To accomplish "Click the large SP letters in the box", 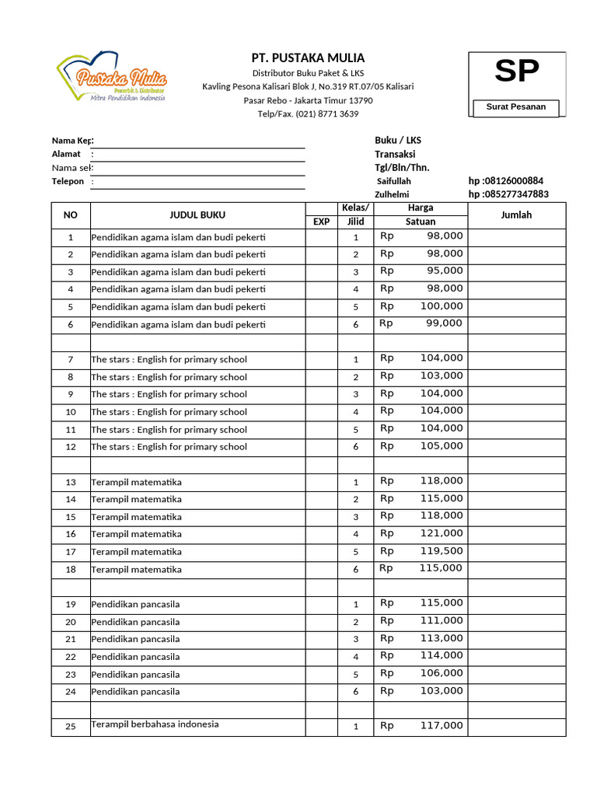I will pyautogui.click(x=517, y=72).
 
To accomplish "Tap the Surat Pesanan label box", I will pyautogui.click(x=516, y=107).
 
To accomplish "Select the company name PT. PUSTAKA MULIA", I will pyautogui.click(x=308, y=58).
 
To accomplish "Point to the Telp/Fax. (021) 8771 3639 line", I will pyautogui.click(x=308, y=114).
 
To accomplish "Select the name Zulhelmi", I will pyautogui.click(x=392, y=194).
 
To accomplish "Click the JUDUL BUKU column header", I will pyautogui.click(x=197, y=215).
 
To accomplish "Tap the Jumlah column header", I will pyautogui.click(x=516, y=215).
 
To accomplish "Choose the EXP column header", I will pyautogui.click(x=321, y=222).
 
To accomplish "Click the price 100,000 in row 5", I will pyautogui.click(x=442, y=306).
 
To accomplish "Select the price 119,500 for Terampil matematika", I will pyautogui.click(x=442, y=551).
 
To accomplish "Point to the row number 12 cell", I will pyautogui.click(x=71, y=447).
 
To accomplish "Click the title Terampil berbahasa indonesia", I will pyautogui.click(x=155, y=724).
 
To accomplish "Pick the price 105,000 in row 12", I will pyautogui.click(x=442, y=446).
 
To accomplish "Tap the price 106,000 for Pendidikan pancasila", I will pyautogui.click(x=442, y=673).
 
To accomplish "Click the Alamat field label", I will pyautogui.click(x=66, y=154).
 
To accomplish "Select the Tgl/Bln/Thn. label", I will pyautogui.click(x=402, y=168).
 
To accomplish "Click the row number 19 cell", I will pyautogui.click(x=71, y=605).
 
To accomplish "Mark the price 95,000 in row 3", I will pyautogui.click(x=445, y=271).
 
